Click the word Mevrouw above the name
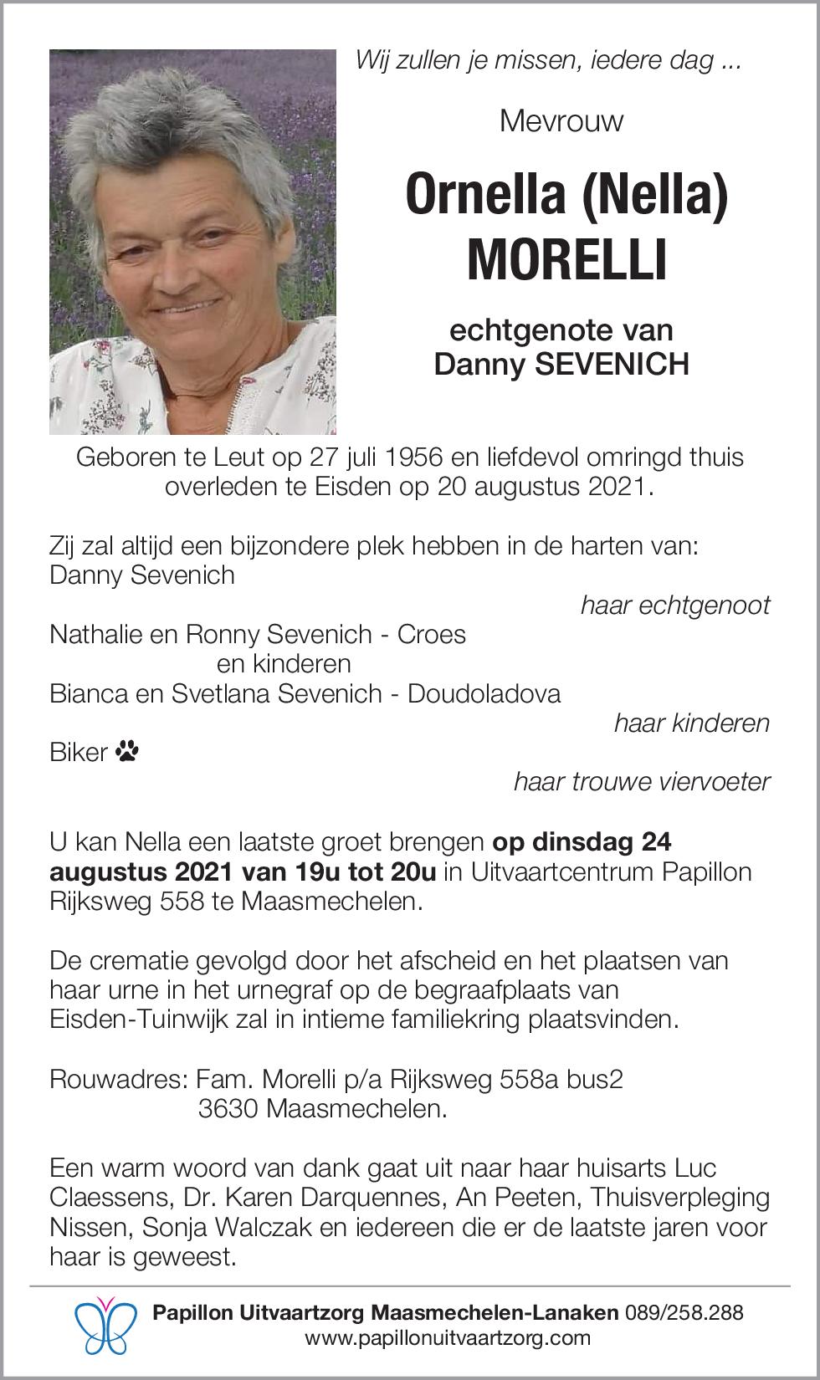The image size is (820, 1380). tap(561, 121)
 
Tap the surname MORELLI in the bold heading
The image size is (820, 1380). tap(566, 260)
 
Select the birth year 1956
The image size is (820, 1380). tap(413, 457)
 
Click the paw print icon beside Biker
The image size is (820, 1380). tap(127, 751)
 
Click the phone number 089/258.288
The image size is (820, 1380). tap(684, 1312)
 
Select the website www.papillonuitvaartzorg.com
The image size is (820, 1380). tap(448, 1338)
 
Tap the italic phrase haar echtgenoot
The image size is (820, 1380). tap(674, 606)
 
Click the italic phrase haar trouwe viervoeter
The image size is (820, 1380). tap(641, 782)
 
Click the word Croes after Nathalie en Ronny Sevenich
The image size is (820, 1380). tap(431, 635)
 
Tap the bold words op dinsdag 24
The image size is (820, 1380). tap(582, 842)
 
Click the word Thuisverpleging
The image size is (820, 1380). tap(679, 1198)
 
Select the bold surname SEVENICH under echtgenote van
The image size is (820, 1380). tap(612, 365)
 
